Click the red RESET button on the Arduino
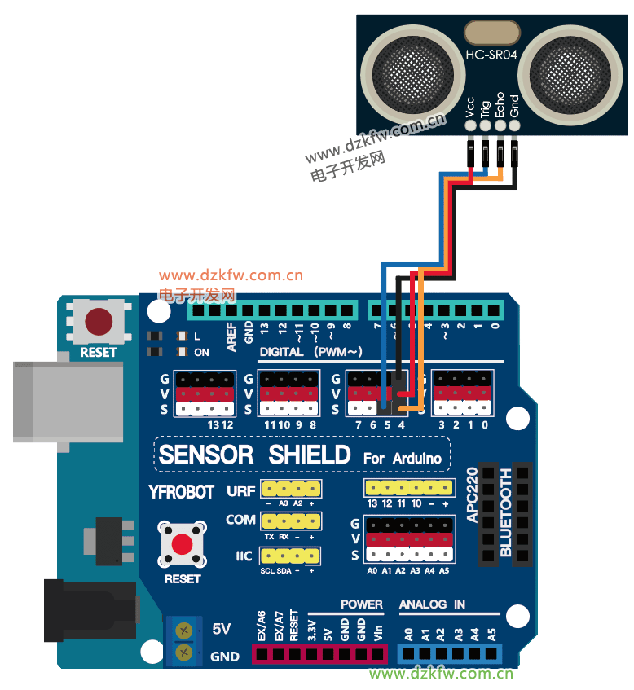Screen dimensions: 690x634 coord(99,320)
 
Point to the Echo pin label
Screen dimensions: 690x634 coord(500,106)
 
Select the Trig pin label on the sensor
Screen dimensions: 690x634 coord(485,107)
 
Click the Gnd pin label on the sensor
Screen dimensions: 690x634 coord(514,107)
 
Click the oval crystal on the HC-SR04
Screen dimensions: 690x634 coord(491,32)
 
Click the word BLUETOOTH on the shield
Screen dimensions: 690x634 coord(506,512)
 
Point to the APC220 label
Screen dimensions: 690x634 coord(473,495)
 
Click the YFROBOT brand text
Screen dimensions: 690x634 coord(182,492)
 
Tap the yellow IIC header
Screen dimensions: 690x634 coord(288,556)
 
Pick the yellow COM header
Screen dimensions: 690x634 coord(288,522)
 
